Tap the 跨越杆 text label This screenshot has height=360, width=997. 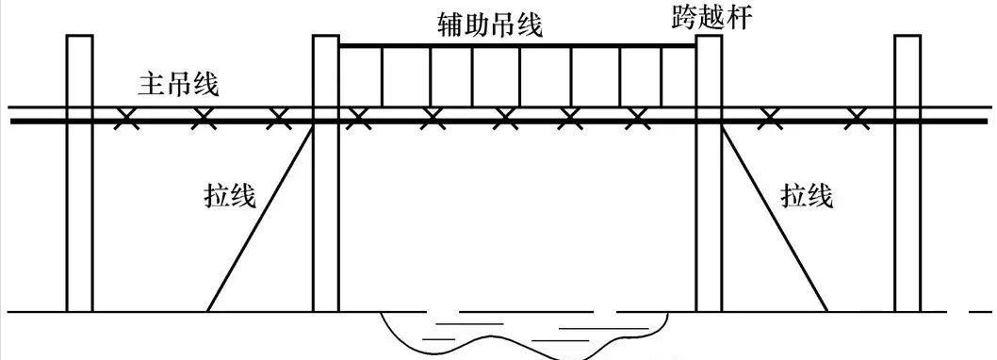coord(713,17)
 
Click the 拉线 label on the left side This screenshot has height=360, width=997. coord(231,196)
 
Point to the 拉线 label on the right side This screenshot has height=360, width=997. coord(807,196)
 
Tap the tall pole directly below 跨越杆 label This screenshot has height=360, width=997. coord(709,226)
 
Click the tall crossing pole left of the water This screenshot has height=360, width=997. coord(325,226)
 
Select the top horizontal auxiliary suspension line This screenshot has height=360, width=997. coord(518,44)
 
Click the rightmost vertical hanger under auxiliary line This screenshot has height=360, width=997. coord(662,75)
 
